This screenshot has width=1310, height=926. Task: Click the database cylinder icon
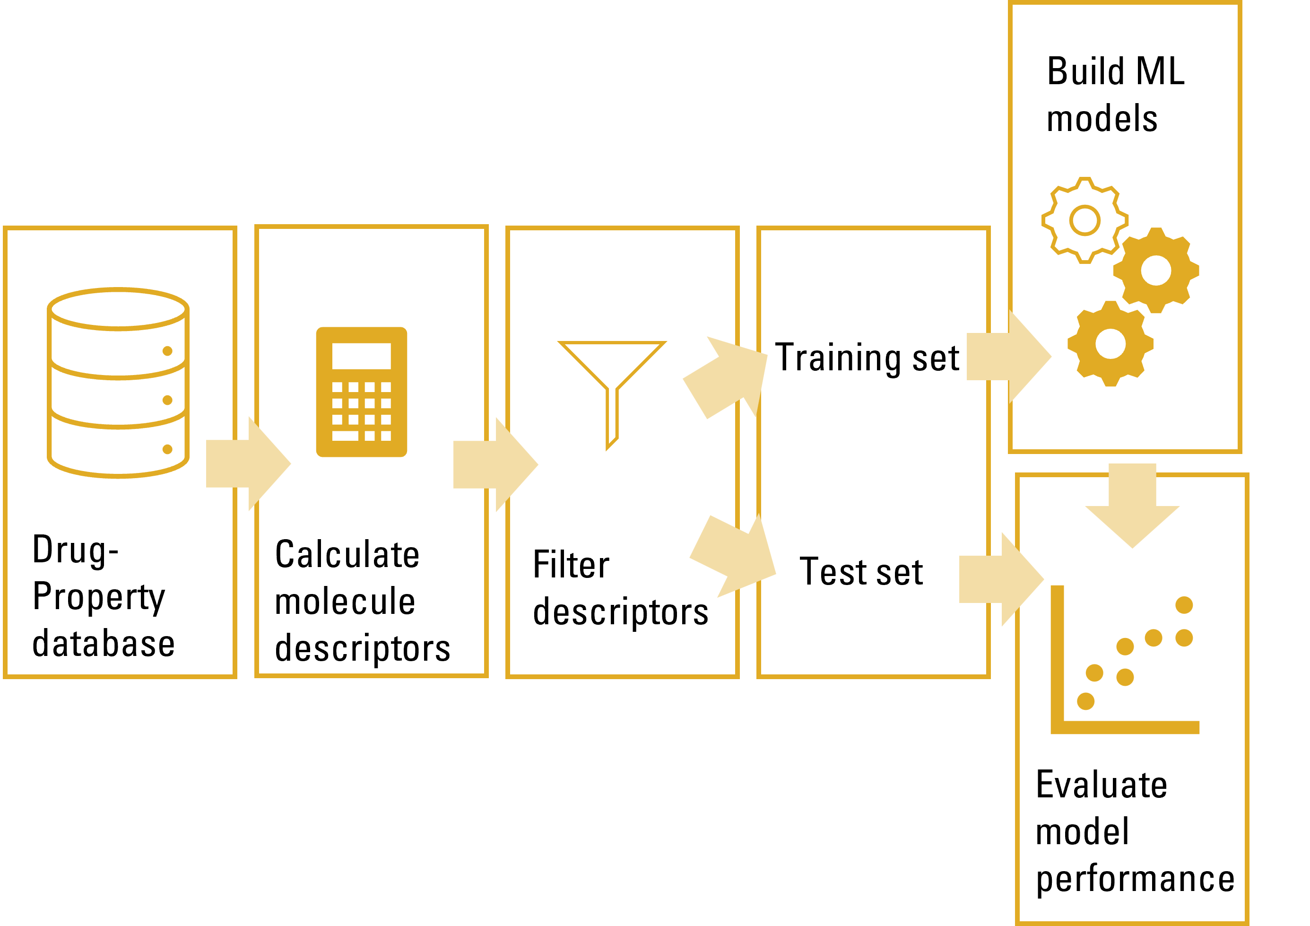pyautogui.click(x=118, y=382)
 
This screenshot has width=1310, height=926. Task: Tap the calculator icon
pyautogui.click(x=362, y=392)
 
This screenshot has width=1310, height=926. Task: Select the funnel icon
pyautogui.click(x=612, y=388)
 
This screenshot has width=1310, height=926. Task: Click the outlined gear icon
pyautogui.click(x=1084, y=220)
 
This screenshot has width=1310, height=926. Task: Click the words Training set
pyautogui.click(x=867, y=358)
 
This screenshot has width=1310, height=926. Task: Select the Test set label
pyautogui.click(x=861, y=572)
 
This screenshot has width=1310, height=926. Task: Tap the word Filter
pyautogui.click(x=571, y=565)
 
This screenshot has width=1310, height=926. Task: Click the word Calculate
pyautogui.click(x=347, y=554)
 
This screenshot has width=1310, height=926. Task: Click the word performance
pyautogui.click(x=1135, y=879)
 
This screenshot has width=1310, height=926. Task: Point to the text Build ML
pyautogui.click(x=1115, y=72)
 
